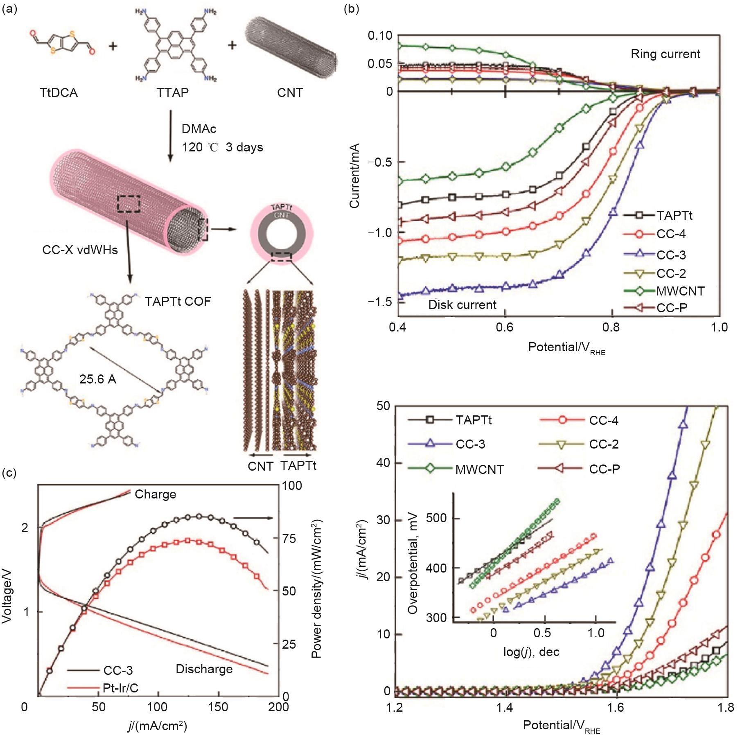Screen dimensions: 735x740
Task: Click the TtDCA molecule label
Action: tap(59, 93)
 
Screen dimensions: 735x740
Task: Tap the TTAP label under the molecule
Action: tap(172, 93)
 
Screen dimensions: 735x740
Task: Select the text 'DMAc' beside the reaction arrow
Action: tap(199, 129)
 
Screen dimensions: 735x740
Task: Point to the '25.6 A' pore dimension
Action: tap(98, 379)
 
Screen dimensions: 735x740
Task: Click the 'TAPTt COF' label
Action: tap(178, 302)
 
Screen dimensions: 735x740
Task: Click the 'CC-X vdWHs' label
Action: tap(80, 250)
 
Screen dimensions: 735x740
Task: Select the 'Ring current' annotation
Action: tap(665, 54)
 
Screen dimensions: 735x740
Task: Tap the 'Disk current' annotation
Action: tap(462, 304)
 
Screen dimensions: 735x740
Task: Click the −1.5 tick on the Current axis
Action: tap(380, 302)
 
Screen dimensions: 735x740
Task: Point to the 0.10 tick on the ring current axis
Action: tap(380, 36)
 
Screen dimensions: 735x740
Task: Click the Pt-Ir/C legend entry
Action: tap(120, 688)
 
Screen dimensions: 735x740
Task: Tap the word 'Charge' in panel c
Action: tap(155, 494)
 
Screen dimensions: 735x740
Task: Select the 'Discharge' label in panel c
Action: tap(204, 669)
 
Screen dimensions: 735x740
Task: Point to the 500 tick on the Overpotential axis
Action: tap(437, 519)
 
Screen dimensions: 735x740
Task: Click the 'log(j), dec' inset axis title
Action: tap(531, 652)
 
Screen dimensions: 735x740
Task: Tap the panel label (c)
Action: tap(9, 473)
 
